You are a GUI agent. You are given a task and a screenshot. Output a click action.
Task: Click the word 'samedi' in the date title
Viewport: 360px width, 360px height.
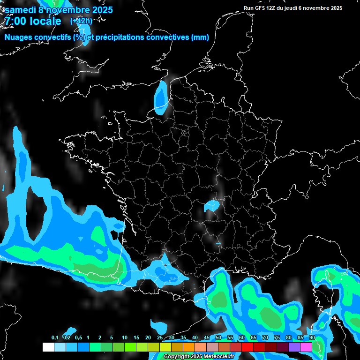(x=21, y=10)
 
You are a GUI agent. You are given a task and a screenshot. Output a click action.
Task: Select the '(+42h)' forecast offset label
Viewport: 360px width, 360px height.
(x=81, y=21)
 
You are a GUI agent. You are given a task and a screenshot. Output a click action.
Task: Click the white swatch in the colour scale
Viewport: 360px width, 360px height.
(x=48, y=347)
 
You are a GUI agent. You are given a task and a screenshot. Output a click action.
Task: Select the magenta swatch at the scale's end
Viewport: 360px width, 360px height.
(x=306, y=347)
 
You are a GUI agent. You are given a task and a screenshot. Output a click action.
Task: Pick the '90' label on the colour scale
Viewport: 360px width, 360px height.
(x=312, y=337)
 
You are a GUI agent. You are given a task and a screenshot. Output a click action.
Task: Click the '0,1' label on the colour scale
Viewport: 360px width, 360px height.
(x=55, y=337)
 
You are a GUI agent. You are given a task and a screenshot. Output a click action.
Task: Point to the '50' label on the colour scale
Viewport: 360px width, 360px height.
(x=218, y=337)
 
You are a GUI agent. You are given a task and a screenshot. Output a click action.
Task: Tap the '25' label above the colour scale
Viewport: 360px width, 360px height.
(x=160, y=337)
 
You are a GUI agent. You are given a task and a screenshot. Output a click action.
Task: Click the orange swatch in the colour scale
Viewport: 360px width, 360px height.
(x=189, y=347)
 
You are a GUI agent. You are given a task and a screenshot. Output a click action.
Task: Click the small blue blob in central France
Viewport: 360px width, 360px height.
(x=212, y=205)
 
